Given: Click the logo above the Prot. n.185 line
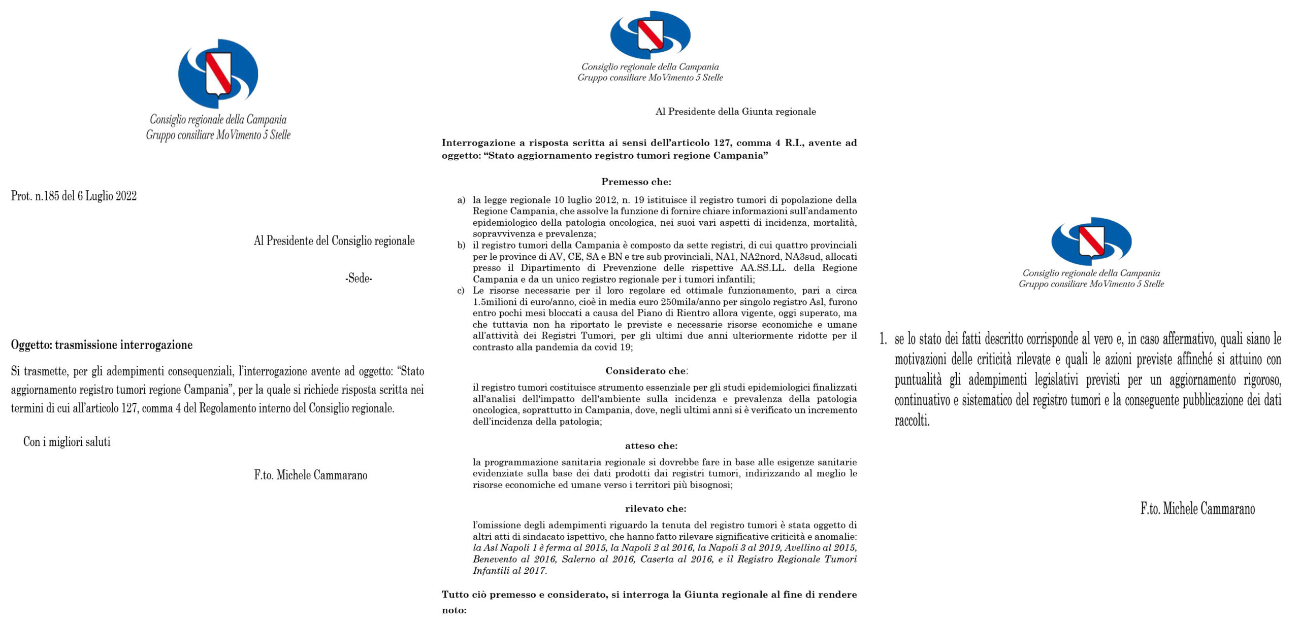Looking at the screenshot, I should (218, 74).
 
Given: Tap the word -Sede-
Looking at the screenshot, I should (359, 278).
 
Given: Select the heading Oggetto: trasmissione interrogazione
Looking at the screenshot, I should (102, 345).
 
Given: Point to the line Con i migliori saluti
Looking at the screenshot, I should (67, 442).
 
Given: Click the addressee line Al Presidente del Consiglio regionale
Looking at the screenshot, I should (334, 241).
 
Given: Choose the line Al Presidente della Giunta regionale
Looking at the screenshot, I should (735, 112).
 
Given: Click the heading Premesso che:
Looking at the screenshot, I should (636, 182).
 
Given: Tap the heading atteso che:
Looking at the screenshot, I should (651, 446).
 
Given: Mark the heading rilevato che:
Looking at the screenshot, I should (656, 508).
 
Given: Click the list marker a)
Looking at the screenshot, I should (461, 200).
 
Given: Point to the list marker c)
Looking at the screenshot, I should (461, 291).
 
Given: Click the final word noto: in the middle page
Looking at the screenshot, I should (454, 610).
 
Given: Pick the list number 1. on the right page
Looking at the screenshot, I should (883, 339).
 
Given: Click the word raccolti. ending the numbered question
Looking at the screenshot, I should (912, 421).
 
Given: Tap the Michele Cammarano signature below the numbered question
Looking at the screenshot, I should (1197, 508).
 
